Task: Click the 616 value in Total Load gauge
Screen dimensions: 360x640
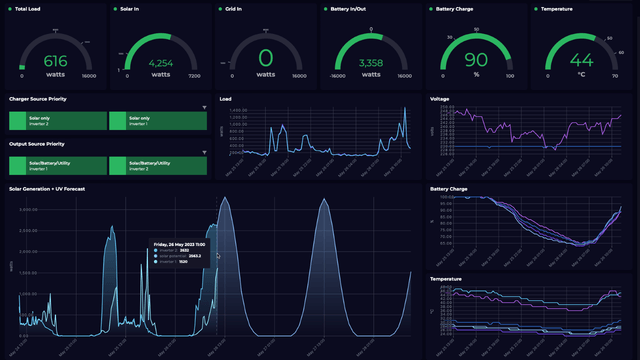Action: pos(55,61)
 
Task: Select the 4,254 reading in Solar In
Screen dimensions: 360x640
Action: pos(160,63)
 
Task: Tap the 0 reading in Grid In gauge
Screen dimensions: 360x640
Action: pos(265,59)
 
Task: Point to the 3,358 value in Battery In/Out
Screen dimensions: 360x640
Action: pos(370,63)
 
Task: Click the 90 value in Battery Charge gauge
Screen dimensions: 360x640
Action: pos(475,61)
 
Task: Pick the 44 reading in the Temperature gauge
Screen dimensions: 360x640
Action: pos(580,61)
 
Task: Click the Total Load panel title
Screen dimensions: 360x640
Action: pos(28,8)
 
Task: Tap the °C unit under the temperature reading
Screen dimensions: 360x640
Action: pos(580,75)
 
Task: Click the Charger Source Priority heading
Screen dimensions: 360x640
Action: pos(38,100)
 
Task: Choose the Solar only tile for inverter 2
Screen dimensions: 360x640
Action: pos(56,120)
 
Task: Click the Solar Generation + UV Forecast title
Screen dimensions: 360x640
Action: pos(47,188)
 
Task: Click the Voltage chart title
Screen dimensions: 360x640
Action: pos(440,99)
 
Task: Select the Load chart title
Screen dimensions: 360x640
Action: pos(225,99)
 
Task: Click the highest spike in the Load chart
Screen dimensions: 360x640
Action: pos(405,109)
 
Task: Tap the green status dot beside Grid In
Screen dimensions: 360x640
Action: pos(219,8)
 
